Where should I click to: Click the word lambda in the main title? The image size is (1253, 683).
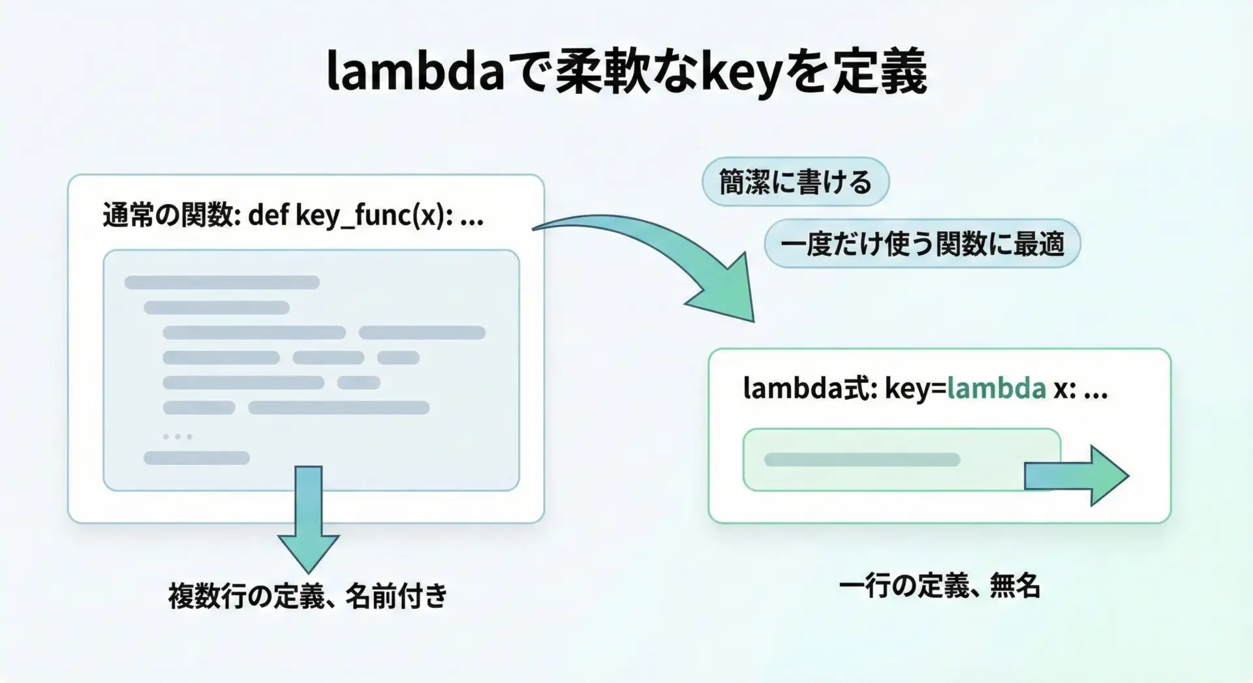pyautogui.click(x=415, y=70)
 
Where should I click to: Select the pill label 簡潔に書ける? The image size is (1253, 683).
pyautogui.click(x=796, y=181)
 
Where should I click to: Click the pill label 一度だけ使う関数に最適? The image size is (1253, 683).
pyautogui.click(x=922, y=243)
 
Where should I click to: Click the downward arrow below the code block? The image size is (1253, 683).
pyautogui.click(x=309, y=519)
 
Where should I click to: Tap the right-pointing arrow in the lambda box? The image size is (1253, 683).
pyautogui.click(x=1077, y=476)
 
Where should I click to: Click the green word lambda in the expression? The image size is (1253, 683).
pyautogui.click(x=997, y=389)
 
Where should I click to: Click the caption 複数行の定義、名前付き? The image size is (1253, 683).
pyautogui.click(x=308, y=596)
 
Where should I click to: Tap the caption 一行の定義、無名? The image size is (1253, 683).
pyautogui.click(x=939, y=585)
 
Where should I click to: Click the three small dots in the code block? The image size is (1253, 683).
pyautogui.click(x=178, y=436)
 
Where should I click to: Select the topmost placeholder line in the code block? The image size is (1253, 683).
pyautogui.click(x=222, y=282)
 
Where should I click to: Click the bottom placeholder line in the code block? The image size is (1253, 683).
pyautogui.click(x=196, y=458)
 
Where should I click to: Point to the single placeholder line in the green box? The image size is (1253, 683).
pyautogui.click(x=862, y=460)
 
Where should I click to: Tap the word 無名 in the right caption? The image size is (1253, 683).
pyautogui.click(x=1015, y=585)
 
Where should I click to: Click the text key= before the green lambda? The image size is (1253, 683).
pyautogui.click(x=915, y=389)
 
